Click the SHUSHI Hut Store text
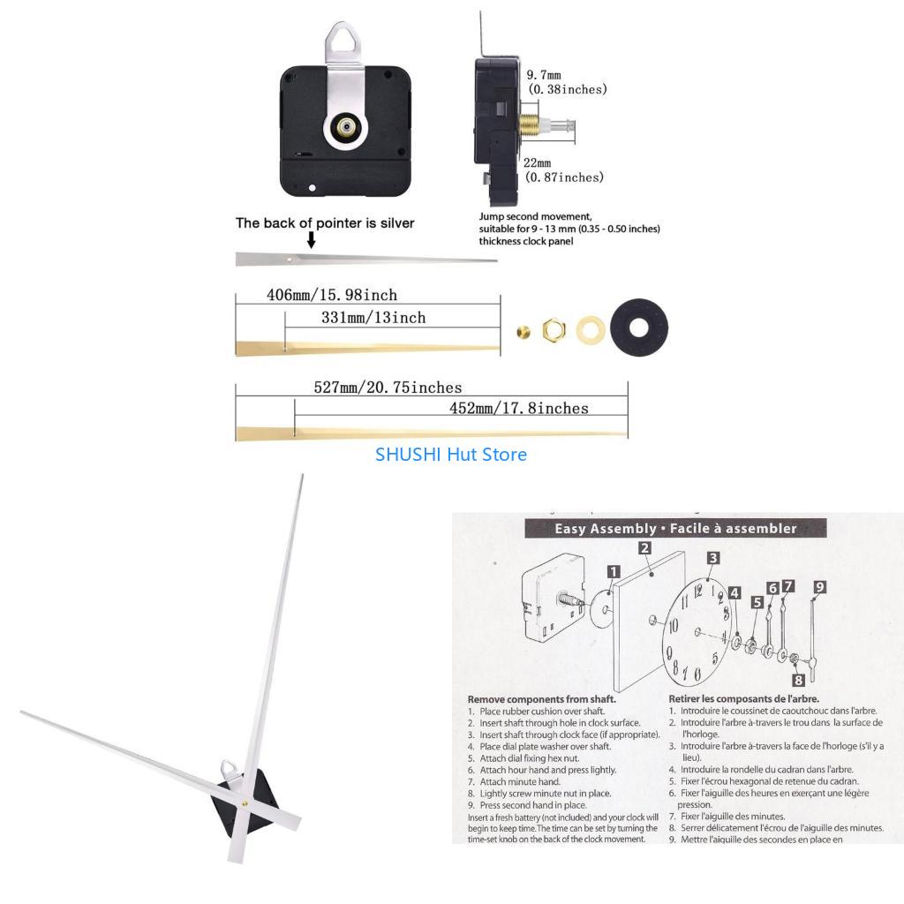pyautogui.click(x=451, y=455)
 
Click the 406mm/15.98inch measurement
pyautogui.click(x=331, y=295)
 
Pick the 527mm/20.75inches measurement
pyautogui.click(x=388, y=388)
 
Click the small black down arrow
pyautogui.click(x=311, y=240)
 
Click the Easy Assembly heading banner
pyautogui.click(x=675, y=529)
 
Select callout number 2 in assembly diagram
pyautogui.click(x=645, y=547)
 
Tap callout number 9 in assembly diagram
pyautogui.click(x=819, y=587)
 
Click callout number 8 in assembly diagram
pyautogui.click(x=798, y=679)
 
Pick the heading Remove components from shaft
pyautogui.click(x=541, y=699)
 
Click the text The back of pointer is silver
pyautogui.click(x=324, y=222)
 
